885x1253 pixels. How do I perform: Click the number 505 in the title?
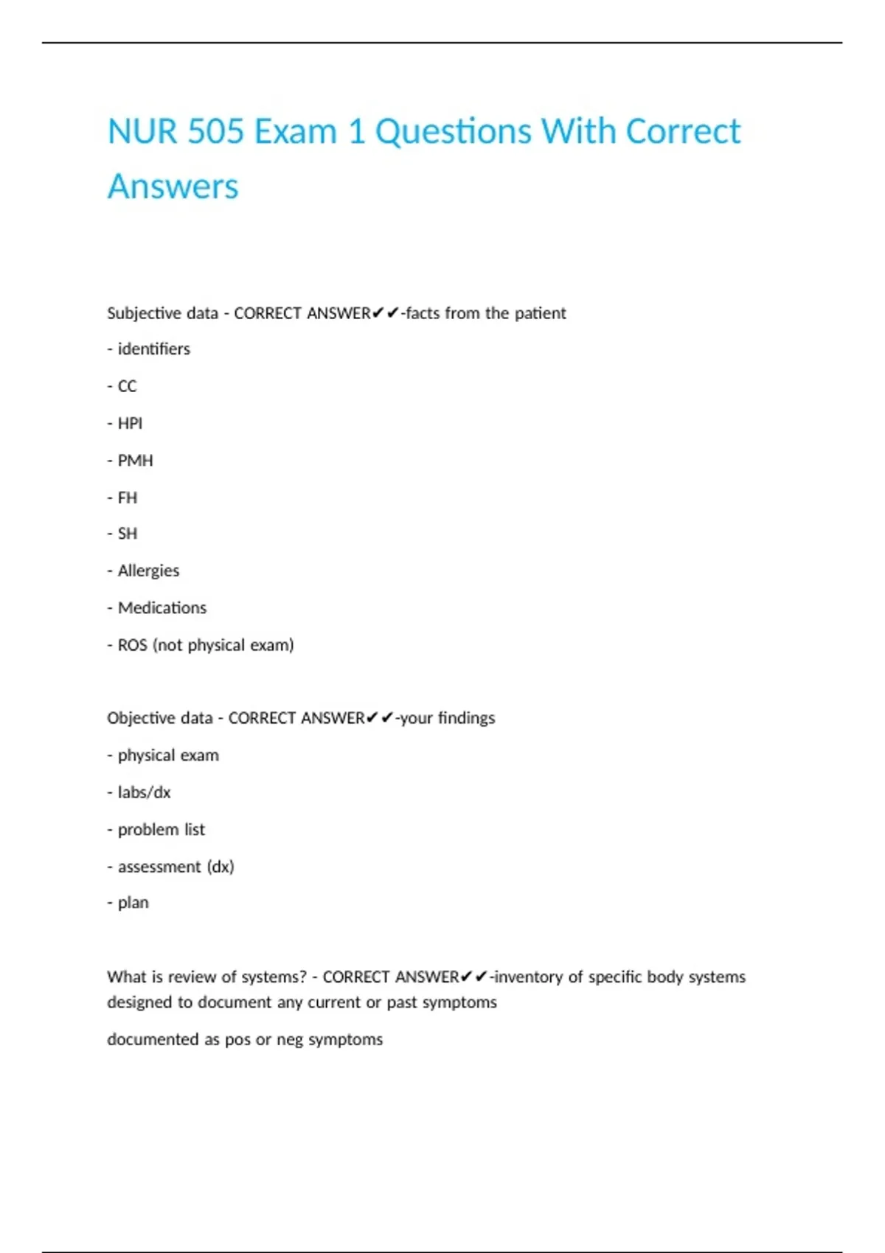click(215, 132)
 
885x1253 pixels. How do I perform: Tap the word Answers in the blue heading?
click(173, 186)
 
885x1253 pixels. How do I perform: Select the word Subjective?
click(138, 313)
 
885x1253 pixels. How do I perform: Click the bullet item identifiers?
click(153, 349)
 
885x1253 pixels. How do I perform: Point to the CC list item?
click(127, 386)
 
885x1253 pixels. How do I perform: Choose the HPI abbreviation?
click(130, 424)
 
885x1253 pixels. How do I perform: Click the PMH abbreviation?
click(135, 461)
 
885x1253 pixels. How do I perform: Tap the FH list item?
click(127, 498)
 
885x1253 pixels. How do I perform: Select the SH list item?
click(127, 534)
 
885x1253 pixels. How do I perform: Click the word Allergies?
click(148, 571)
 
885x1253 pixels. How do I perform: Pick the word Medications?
click(162, 608)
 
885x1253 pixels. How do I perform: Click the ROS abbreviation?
click(132, 646)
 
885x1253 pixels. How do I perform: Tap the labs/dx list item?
click(144, 792)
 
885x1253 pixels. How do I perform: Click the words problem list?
click(161, 830)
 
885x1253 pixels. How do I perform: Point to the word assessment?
click(159, 867)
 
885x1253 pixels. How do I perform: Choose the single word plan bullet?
click(133, 903)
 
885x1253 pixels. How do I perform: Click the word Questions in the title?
click(453, 132)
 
